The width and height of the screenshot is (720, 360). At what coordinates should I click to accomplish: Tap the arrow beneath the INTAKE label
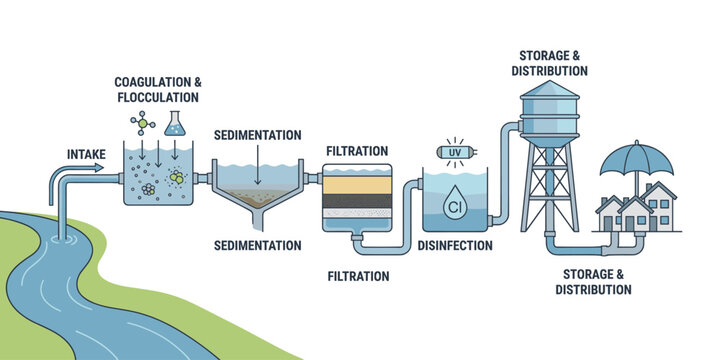(87, 168)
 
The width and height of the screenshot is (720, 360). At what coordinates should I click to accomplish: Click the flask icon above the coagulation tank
(176, 124)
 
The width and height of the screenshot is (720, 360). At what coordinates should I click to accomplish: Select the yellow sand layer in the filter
(358, 185)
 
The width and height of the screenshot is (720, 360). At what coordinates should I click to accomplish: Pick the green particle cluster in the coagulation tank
(177, 178)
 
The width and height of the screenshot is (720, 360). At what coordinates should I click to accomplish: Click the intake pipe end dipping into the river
(65, 228)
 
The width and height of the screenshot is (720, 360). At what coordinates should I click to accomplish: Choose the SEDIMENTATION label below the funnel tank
(259, 245)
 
